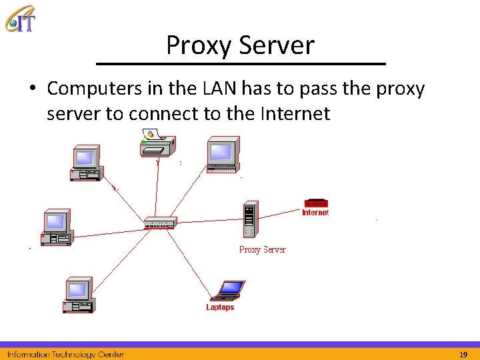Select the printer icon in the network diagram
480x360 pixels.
click(157, 143)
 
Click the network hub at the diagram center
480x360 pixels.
click(160, 223)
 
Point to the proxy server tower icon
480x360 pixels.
click(249, 219)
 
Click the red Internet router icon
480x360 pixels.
click(315, 203)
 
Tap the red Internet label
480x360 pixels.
click(315, 213)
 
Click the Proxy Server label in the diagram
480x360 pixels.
click(262, 250)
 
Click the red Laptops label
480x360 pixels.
click(220, 307)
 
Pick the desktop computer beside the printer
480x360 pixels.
click(221, 155)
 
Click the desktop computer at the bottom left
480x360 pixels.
click(79, 295)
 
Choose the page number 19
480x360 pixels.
click(463, 354)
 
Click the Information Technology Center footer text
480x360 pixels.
click(65, 354)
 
